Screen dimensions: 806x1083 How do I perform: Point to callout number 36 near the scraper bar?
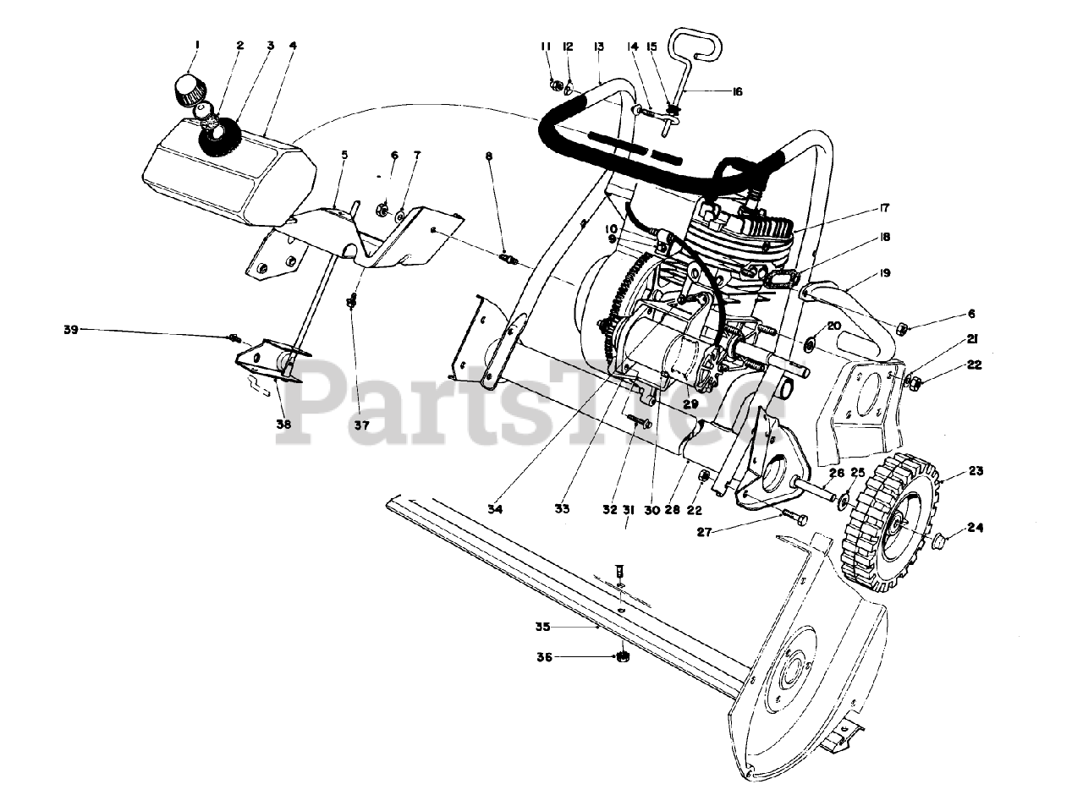point(545,657)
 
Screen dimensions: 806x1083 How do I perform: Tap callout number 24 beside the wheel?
point(976,529)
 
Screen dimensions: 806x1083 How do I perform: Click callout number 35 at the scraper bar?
point(543,627)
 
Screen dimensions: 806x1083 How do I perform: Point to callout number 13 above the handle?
point(599,47)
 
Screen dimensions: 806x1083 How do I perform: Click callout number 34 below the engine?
point(494,509)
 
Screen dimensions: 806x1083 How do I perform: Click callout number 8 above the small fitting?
point(489,156)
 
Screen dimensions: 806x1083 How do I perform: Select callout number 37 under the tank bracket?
point(361,425)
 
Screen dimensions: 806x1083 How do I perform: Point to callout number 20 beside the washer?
point(834,326)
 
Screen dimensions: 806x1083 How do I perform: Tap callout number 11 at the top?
point(546,47)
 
